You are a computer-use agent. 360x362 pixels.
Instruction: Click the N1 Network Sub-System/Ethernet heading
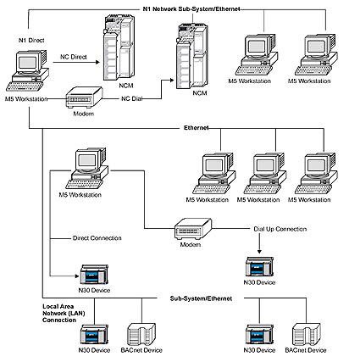click(x=191, y=9)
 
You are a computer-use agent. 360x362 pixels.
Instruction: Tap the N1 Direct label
click(x=31, y=41)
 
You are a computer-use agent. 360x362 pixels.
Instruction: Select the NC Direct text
click(x=74, y=57)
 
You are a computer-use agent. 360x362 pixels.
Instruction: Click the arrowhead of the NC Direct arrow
click(x=97, y=62)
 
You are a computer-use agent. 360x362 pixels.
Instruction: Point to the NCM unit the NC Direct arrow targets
click(x=118, y=47)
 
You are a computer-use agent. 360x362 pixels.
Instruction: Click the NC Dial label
click(x=131, y=98)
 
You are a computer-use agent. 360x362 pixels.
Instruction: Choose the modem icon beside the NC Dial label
click(x=84, y=97)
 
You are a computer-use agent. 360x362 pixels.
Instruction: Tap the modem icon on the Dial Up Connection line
click(x=193, y=229)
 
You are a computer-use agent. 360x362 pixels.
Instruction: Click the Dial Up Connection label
click(x=280, y=229)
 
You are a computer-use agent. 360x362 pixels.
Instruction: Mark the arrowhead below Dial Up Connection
click(x=259, y=252)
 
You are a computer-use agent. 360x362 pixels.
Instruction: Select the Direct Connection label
click(x=97, y=238)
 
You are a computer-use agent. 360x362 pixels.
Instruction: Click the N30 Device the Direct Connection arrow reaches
click(x=94, y=275)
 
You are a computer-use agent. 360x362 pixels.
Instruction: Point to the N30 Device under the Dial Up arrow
click(x=259, y=266)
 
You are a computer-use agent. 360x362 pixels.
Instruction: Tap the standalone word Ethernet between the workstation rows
click(x=197, y=128)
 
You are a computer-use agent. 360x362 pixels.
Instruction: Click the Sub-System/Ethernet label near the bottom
click(x=201, y=298)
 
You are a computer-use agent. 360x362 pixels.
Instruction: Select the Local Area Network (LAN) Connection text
click(x=64, y=313)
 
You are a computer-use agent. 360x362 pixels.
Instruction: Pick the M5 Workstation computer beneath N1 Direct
click(x=27, y=70)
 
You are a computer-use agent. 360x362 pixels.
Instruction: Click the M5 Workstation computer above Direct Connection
click(x=87, y=168)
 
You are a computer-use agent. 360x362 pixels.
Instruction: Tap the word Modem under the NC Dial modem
click(x=84, y=114)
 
